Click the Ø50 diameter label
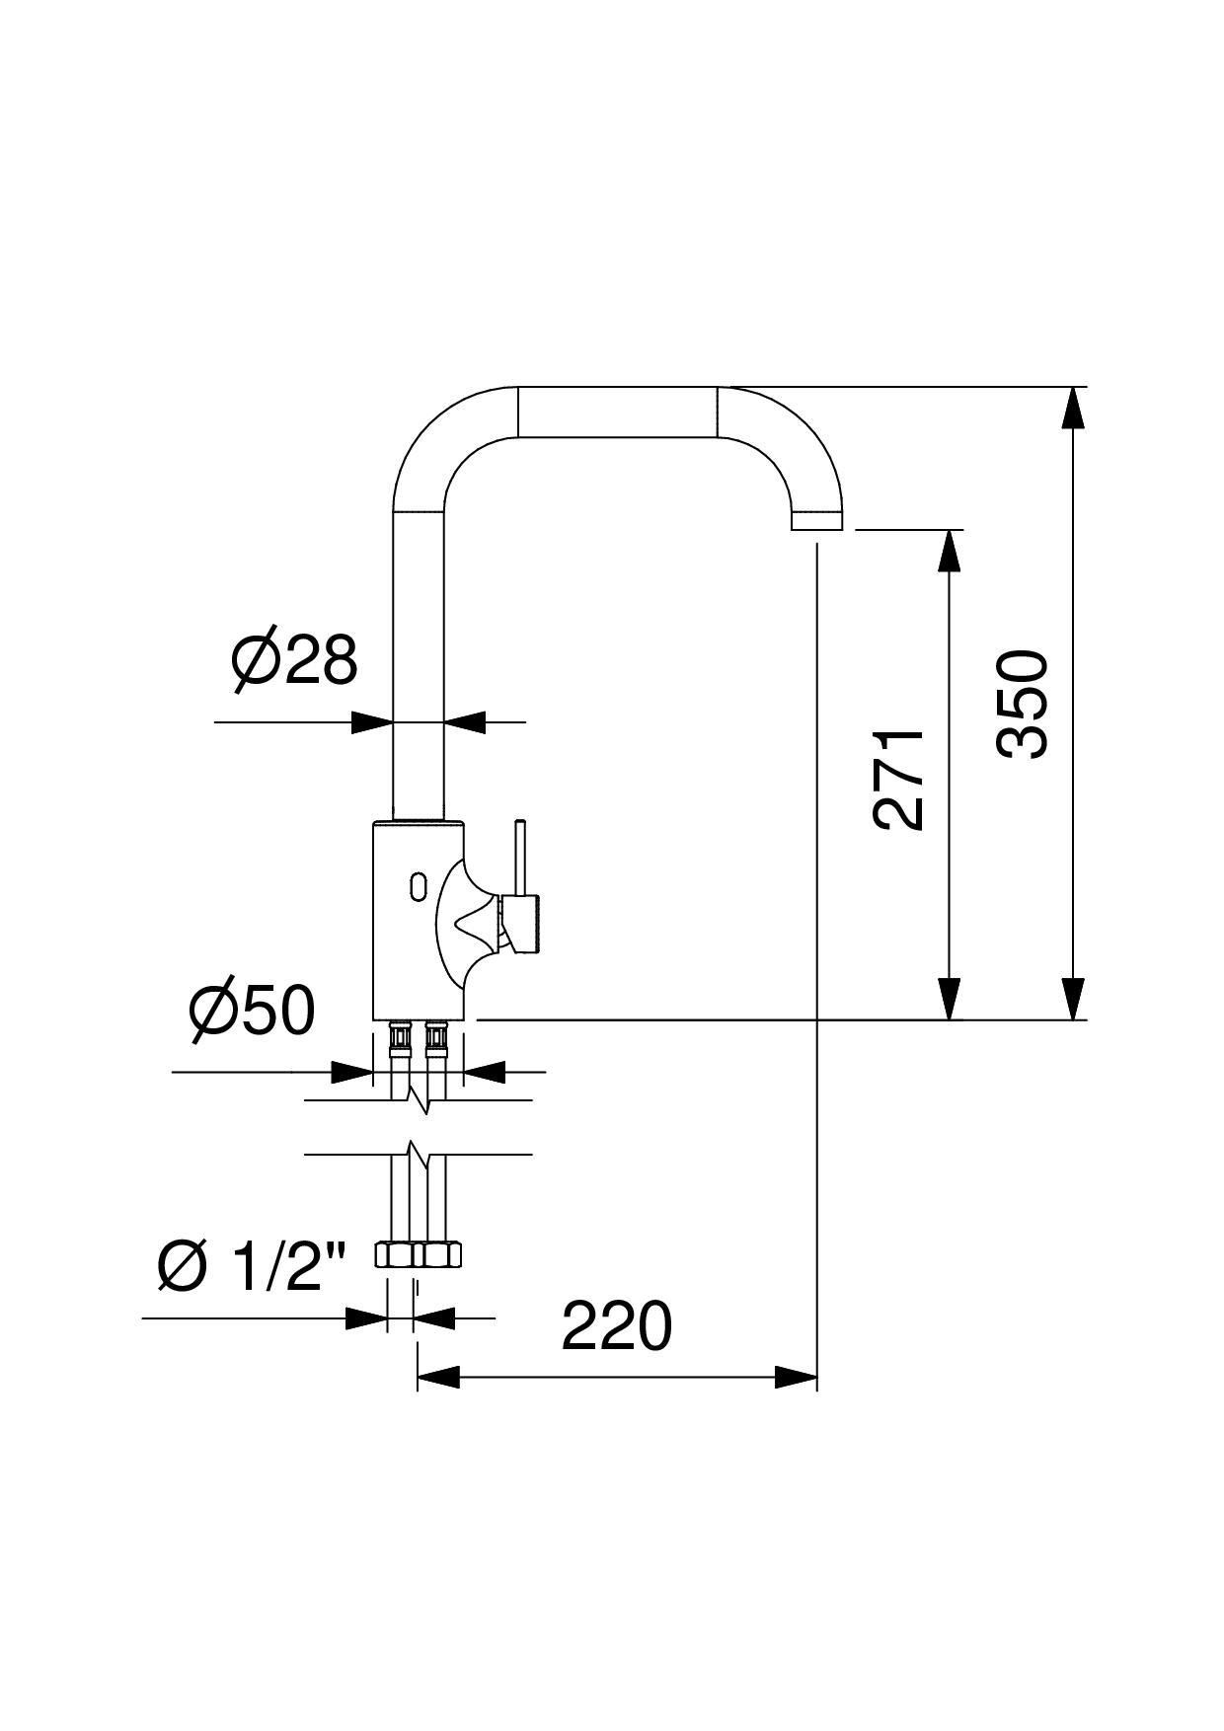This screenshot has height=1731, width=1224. click(252, 1011)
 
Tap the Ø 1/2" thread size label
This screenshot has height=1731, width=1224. click(252, 1266)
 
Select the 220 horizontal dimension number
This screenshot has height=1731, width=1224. click(616, 1326)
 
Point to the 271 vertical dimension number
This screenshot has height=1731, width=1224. click(899, 780)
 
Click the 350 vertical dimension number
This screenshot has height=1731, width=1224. click(1022, 704)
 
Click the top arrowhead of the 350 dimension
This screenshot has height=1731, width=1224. click(1073, 408)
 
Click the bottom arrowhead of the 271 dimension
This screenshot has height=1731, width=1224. click(949, 999)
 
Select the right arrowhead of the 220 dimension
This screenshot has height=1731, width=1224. click(797, 1377)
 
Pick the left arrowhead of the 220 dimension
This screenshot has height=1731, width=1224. click(439, 1377)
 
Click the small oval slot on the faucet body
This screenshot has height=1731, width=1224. click(417, 885)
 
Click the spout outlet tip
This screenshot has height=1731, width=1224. click(818, 522)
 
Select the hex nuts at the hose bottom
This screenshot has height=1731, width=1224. click(419, 1254)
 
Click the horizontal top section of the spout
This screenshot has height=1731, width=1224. click(617, 412)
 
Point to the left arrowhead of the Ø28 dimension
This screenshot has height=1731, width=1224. click(373, 722)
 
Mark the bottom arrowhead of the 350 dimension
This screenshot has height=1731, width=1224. click(1073, 999)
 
